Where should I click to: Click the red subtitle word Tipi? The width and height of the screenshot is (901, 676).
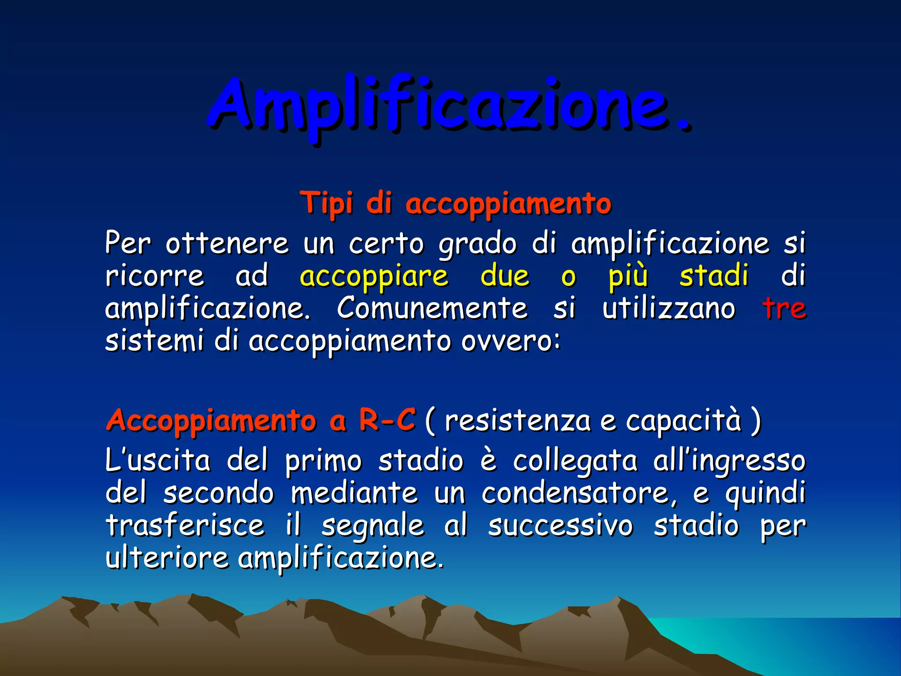tap(326, 203)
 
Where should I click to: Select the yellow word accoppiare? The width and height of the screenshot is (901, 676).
tap(374, 276)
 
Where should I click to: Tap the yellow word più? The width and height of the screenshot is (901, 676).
tap(628, 276)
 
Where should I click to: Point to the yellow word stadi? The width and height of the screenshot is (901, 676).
tap(714, 276)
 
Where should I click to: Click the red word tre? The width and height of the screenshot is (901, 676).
tap(784, 308)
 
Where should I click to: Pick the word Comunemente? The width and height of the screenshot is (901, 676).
tap(432, 308)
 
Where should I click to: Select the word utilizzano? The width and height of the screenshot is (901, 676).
tap(669, 308)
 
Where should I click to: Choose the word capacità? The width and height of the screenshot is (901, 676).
tap(684, 420)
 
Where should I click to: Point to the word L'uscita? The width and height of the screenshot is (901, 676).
tap(158, 461)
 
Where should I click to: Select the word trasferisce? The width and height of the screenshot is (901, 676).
tap(185, 525)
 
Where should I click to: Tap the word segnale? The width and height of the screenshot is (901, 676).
tap(373, 526)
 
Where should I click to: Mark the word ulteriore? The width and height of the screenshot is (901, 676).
tap(167, 558)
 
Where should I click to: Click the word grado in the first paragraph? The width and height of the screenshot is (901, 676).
tap(477, 243)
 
